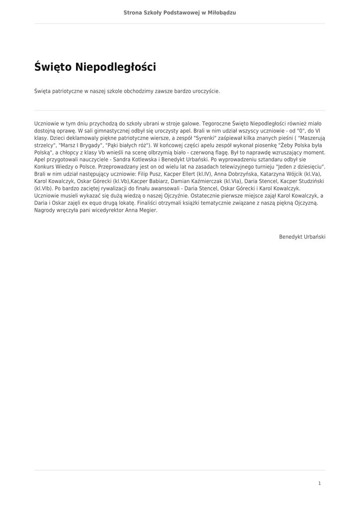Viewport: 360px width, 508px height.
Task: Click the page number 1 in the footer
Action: coord(320,483)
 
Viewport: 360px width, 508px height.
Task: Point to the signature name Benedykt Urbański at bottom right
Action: coord(302,237)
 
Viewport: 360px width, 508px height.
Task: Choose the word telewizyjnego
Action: coord(232,168)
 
